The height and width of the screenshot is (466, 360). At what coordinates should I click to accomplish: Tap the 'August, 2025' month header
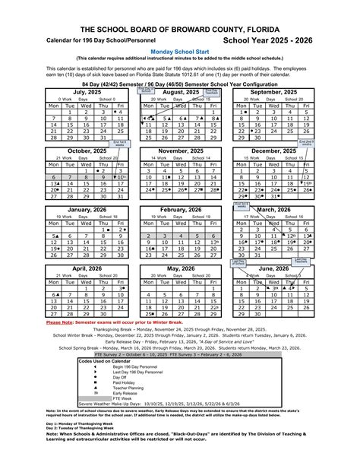tap(180, 91)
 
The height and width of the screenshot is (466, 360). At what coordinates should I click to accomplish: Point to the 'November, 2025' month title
tap(180, 151)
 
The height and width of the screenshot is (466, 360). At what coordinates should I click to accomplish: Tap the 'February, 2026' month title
tap(180, 209)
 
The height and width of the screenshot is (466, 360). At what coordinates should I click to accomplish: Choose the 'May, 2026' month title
tap(180, 268)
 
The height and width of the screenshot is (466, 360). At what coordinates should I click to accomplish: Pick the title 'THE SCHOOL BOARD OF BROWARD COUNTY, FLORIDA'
tap(179, 27)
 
